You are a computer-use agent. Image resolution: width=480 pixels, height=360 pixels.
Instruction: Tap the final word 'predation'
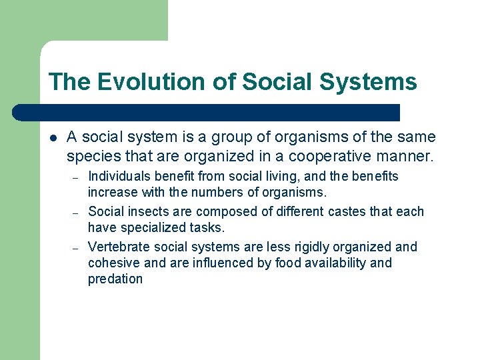click(x=115, y=279)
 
